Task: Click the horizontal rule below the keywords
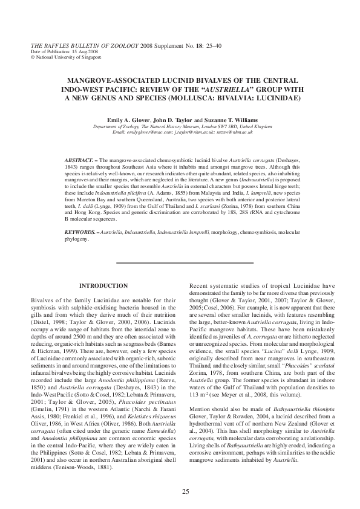[x=184, y=263]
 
